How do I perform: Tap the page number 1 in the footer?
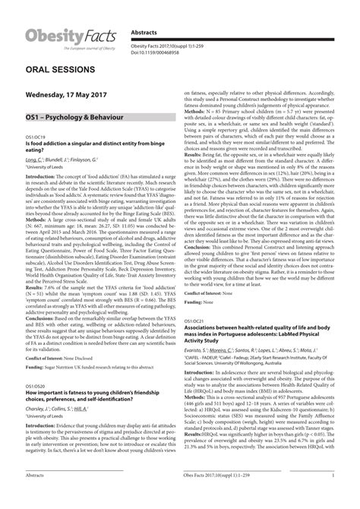click(331, 495)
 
